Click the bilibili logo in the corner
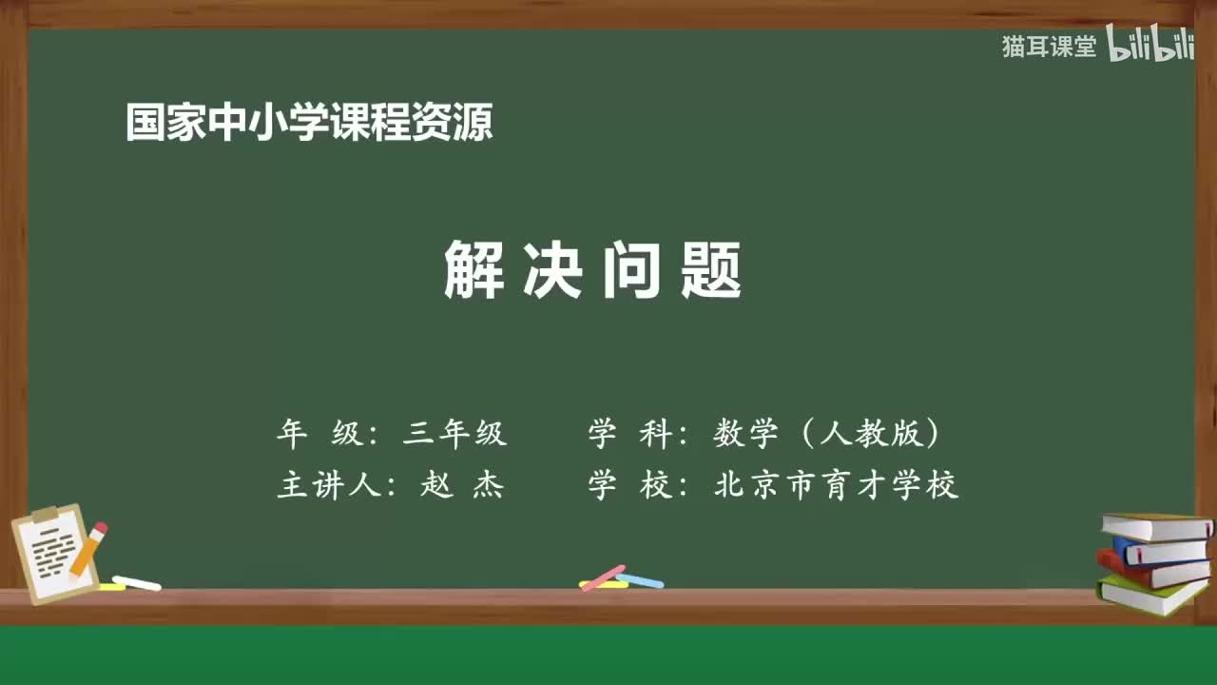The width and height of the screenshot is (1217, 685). coord(1150,46)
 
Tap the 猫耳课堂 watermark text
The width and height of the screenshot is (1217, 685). coord(1049,47)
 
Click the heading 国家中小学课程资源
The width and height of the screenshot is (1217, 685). coord(309,123)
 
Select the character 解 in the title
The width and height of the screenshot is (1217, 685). coord(473,270)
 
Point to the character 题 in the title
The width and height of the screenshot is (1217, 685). coord(712,270)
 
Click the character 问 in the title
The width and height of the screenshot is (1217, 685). coord(632,270)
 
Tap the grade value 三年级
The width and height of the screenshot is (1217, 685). coord(454,434)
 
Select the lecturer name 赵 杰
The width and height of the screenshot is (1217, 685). coord(462,485)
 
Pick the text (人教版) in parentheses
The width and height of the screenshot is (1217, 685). coord(870,434)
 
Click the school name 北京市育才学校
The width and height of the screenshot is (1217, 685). coord(836,485)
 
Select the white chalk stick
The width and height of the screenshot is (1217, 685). coord(137,582)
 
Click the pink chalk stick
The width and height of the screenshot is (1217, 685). coord(603,577)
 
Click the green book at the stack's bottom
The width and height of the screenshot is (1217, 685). coord(1150,596)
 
